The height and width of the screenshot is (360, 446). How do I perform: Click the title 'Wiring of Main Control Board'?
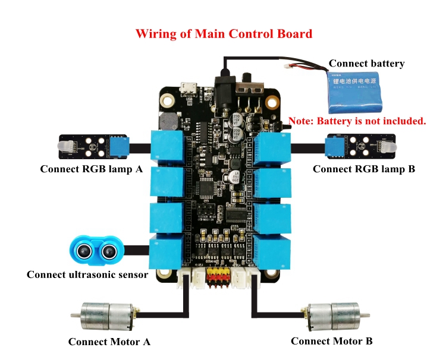[224, 33]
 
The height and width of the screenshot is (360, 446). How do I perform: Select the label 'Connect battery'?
[366, 64]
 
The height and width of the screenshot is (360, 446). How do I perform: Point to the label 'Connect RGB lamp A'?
[92, 169]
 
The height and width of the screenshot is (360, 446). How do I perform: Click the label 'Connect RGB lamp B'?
[363, 169]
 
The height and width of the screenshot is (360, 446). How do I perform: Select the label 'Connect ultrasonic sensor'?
[87, 274]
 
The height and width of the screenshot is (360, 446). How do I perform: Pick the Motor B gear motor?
[335, 315]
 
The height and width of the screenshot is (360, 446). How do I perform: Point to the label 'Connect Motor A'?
[109, 342]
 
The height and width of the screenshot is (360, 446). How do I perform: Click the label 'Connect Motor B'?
[332, 341]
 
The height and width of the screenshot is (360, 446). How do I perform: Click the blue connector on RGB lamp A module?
[118, 144]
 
